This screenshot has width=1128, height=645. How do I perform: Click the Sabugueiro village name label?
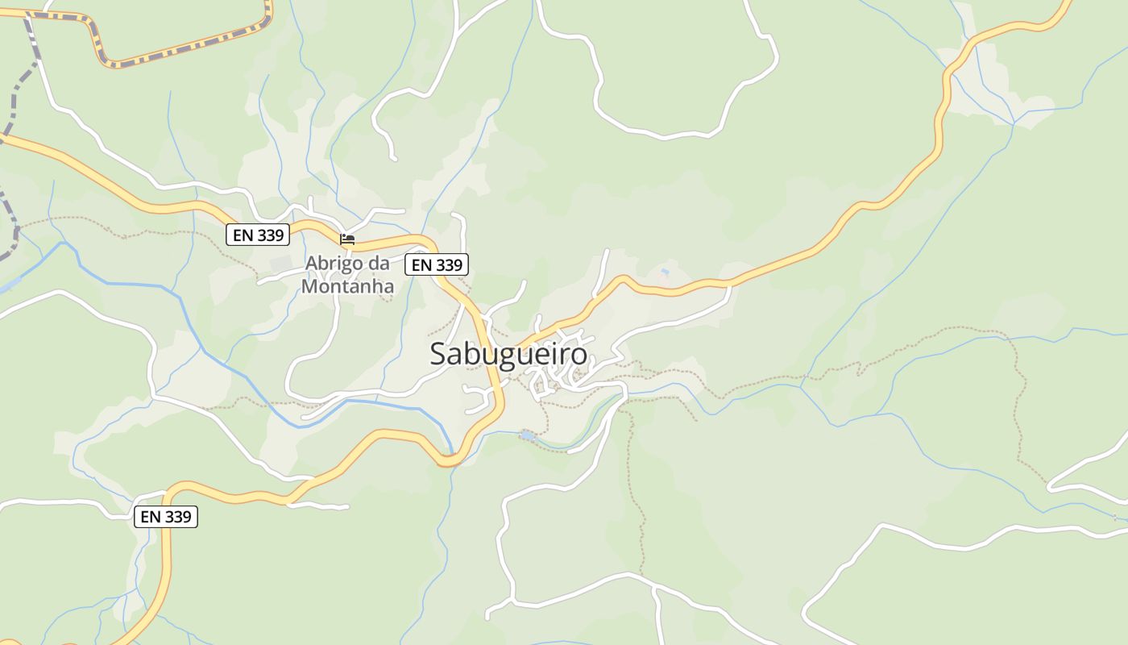tap(508, 354)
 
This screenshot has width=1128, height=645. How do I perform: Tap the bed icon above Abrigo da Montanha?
tap(347, 239)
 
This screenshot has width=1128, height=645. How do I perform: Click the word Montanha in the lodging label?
tap(347, 286)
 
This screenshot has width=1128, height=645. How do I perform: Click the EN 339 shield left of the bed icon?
tap(257, 235)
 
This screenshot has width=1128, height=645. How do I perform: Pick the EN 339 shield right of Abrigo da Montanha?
tap(436, 264)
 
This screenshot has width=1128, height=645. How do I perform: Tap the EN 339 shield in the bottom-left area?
tap(165, 517)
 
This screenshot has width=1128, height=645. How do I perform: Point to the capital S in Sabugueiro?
tap(438, 354)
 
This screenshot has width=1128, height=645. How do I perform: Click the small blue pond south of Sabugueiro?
tap(526, 435)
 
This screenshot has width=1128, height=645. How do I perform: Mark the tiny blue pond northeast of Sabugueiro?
tap(664, 273)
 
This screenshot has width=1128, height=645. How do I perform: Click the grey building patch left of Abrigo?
tap(281, 264)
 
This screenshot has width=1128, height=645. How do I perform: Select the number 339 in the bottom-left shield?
tap(177, 517)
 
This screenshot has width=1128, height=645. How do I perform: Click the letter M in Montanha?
tap(309, 286)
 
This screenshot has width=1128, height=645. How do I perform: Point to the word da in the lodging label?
tap(379, 264)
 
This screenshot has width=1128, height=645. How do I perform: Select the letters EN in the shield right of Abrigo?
tap(421, 264)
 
